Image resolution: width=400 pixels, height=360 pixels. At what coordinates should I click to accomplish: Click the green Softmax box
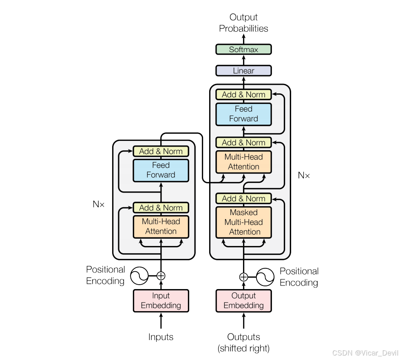(243, 50)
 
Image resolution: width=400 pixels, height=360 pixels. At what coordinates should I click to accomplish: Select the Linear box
(243, 71)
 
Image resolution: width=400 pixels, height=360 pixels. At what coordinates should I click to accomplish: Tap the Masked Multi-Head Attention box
(243, 222)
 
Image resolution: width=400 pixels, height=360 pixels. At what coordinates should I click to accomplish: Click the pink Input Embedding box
(161, 301)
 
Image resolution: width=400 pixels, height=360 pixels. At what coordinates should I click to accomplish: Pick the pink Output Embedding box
(243, 301)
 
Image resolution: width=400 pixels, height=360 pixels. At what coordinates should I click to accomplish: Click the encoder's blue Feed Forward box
(161, 170)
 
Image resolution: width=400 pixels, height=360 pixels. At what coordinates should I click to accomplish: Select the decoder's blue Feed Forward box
(243, 114)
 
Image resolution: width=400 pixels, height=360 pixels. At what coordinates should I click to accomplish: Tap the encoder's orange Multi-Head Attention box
(161, 226)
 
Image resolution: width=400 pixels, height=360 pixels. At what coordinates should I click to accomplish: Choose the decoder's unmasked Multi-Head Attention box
(243, 162)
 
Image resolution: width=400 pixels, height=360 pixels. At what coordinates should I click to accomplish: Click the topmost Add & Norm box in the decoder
(243, 94)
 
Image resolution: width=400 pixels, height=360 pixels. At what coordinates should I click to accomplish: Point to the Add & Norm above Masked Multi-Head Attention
(243, 199)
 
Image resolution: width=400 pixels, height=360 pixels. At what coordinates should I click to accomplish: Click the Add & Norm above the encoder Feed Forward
(161, 151)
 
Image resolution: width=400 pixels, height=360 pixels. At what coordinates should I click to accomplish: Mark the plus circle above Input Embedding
(161, 276)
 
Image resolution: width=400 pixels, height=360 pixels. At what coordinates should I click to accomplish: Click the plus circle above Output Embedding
(243, 277)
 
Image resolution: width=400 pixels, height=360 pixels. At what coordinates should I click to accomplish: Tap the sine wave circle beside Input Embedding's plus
(139, 276)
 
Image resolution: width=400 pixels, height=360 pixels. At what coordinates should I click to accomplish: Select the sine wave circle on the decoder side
(265, 277)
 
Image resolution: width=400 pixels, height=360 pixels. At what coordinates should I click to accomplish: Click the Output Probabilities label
(243, 23)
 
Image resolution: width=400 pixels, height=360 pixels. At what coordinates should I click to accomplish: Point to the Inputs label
(161, 337)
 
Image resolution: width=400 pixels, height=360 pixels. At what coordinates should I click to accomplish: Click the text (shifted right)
(243, 349)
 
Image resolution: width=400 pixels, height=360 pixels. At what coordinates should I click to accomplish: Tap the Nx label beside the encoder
(99, 204)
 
